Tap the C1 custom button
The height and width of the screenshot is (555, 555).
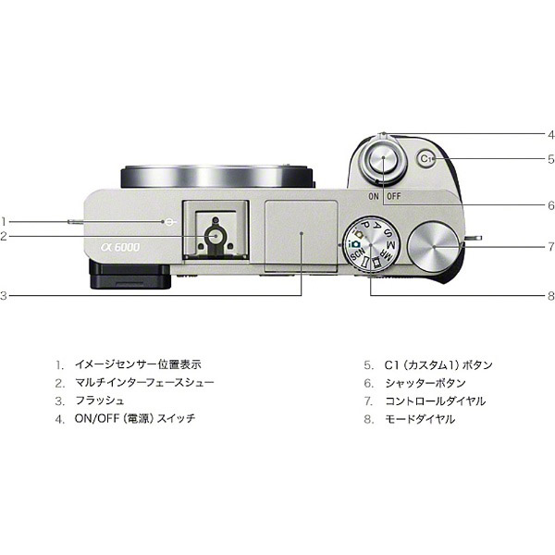[x=426, y=159]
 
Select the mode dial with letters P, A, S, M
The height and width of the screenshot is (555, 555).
[x=368, y=245]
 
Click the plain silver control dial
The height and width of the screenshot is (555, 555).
[x=434, y=246]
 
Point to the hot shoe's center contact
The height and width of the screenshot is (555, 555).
[x=215, y=237]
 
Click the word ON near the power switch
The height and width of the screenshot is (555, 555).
[x=372, y=197]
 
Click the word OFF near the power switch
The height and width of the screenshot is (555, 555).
[x=394, y=197]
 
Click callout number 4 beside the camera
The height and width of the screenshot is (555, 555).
[x=549, y=134]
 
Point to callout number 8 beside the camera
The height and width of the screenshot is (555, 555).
[x=549, y=296]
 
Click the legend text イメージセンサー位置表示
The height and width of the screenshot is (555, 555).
[x=138, y=364]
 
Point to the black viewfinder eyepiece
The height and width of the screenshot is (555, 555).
[x=129, y=275]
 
